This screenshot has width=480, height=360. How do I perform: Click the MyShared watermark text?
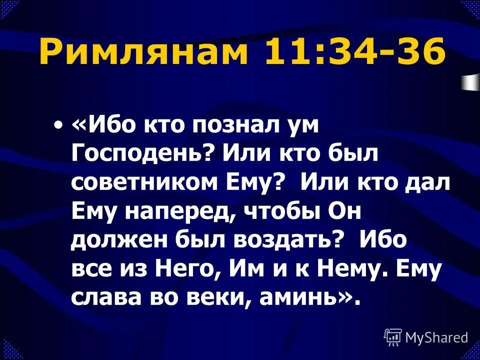pos(436,338)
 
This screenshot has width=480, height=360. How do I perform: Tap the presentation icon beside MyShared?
pos(392,337)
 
